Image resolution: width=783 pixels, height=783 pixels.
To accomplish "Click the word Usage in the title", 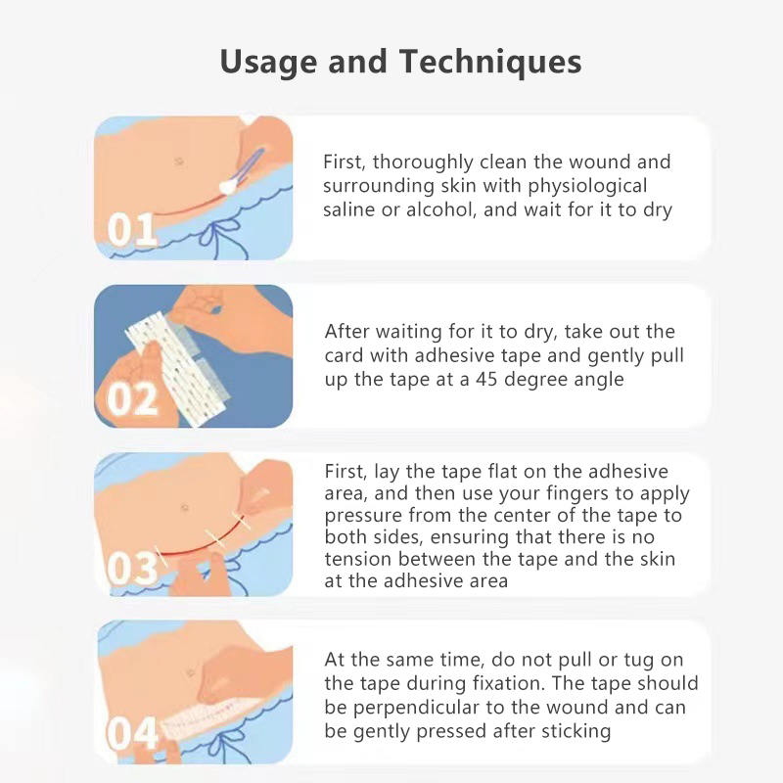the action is point(268,62).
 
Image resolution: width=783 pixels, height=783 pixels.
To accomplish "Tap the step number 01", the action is point(132,229).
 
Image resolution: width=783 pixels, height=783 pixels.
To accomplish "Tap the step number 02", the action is point(132,399).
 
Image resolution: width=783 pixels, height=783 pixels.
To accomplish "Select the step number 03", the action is point(132,569).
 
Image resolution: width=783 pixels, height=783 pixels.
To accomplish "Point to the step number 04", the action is point(132,733).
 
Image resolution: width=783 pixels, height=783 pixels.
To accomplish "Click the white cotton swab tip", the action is point(228,186).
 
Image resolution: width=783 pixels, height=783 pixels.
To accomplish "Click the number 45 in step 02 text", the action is point(486,380).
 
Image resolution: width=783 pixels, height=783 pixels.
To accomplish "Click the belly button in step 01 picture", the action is point(179,161).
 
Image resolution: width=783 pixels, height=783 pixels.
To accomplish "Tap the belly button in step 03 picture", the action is point(184,508).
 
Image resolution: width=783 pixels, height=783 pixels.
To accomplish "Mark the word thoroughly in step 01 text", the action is point(423,162).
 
